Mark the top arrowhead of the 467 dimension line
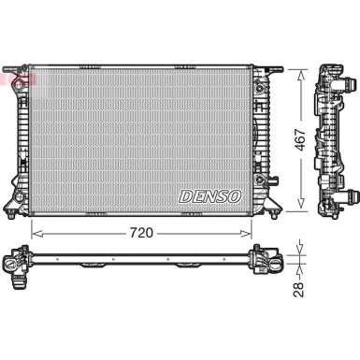tap(301, 72)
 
